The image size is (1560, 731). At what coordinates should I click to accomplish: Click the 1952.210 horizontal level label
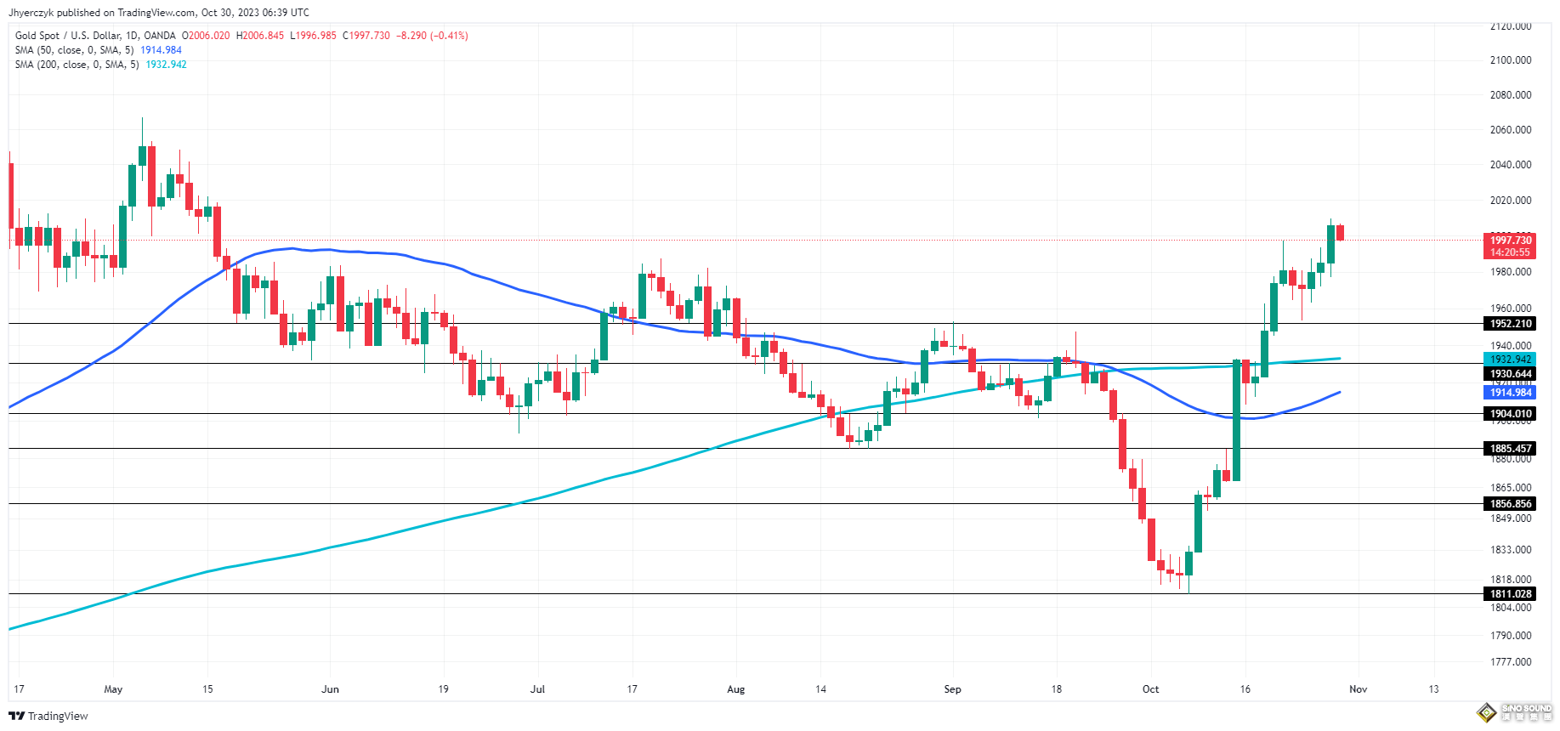[x=1511, y=324]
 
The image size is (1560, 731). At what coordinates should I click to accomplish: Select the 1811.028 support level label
[x=1511, y=594]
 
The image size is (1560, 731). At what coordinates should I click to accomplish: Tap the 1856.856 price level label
[x=1511, y=504]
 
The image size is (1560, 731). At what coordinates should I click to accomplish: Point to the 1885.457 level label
[x=1511, y=449]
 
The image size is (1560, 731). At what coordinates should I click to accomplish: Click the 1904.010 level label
[x=1511, y=414]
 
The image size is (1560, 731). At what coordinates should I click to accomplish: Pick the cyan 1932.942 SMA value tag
[x=1511, y=360]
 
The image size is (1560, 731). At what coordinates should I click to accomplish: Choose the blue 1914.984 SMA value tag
[x=1511, y=393]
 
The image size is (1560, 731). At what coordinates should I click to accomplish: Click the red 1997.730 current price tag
[x=1511, y=241]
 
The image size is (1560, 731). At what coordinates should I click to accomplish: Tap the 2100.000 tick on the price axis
[x=1511, y=60]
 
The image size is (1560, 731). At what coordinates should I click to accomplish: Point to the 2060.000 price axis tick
[x=1511, y=130]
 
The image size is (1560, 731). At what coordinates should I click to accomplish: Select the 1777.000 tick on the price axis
[x=1511, y=662]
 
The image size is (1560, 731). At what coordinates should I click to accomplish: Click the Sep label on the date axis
[x=952, y=689]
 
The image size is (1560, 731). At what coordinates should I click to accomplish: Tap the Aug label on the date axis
[x=736, y=689]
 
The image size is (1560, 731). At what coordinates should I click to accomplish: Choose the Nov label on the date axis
[x=1359, y=689]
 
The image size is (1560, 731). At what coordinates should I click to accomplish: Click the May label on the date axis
[x=113, y=689]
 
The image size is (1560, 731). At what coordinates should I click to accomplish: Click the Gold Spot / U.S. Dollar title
[x=95, y=36]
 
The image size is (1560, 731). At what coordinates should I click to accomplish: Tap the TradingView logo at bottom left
[x=48, y=716]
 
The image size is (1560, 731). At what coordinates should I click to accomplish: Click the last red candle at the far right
[x=1341, y=232]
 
